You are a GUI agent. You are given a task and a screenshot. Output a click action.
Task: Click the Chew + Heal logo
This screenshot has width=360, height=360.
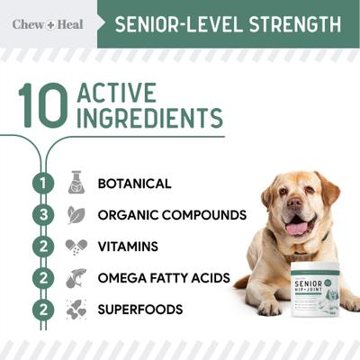pyautogui.click(x=48, y=24)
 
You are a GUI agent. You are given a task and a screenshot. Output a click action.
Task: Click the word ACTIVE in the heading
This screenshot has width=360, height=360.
pyautogui.click(x=116, y=94)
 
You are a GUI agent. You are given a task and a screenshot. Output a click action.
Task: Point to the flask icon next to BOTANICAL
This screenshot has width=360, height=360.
pyautogui.click(x=76, y=183)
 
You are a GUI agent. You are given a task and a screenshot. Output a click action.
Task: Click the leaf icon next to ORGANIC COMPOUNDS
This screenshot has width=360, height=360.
pyautogui.click(x=76, y=215)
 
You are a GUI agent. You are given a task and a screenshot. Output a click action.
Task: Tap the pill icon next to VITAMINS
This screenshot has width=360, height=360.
pyautogui.click(x=76, y=247)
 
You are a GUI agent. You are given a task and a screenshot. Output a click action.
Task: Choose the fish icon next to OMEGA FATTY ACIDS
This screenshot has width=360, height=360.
pyautogui.click(x=76, y=278)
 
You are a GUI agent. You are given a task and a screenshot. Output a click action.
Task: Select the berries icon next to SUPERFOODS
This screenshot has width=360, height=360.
pyautogui.click(x=76, y=310)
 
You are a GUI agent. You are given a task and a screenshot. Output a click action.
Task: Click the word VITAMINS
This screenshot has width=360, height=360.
pyautogui.click(x=128, y=247)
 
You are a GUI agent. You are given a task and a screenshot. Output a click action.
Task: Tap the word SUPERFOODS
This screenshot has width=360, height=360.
pyautogui.click(x=139, y=310)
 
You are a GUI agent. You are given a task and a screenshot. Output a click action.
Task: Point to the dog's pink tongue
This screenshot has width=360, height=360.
pyautogui.click(x=297, y=229)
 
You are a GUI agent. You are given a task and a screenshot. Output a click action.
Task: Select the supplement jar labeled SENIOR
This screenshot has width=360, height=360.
pyautogui.click(x=310, y=292)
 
